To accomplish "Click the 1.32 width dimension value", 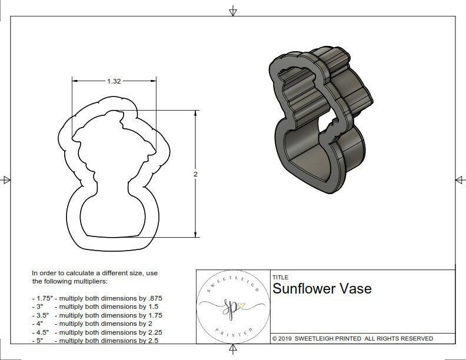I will (x=114, y=82).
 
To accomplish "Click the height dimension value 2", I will (x=195, y=174).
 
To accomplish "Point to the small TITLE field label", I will (x=279, y=277).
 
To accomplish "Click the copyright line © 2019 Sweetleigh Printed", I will (x=352, y=338).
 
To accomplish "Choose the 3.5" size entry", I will (x=42, y=315).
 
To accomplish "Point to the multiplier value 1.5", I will (x=152, y=306).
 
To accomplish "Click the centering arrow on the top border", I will (x=233, y=11).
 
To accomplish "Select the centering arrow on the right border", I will (x=460, y=180).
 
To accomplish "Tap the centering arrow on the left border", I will (x=6, y=180).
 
